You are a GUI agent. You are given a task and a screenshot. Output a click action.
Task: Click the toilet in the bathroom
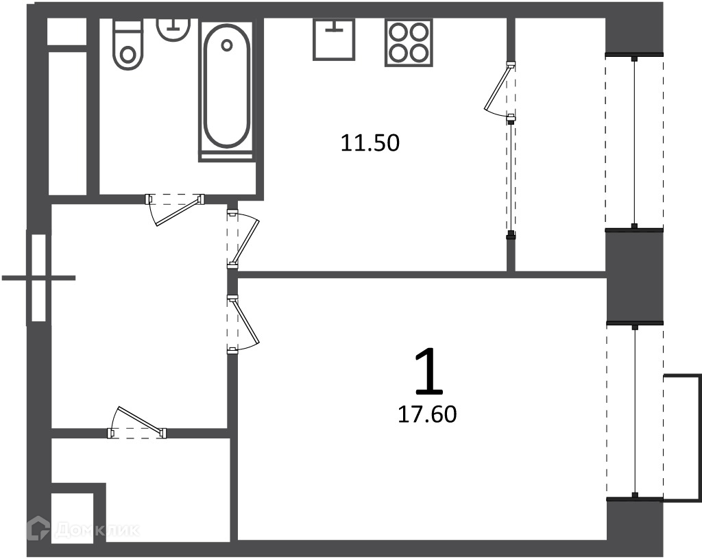pos(128,44)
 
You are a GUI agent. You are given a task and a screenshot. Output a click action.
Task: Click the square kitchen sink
pos(334,39)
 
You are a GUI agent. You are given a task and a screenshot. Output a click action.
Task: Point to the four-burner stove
pos(409,43)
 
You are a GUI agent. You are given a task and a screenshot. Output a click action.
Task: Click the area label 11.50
pos(370,143)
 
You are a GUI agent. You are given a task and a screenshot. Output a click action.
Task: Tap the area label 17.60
pos(427,414)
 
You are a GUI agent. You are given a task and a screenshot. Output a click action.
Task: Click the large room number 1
pos(429,373)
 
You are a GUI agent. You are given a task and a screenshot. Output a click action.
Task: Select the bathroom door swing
pos(175,208)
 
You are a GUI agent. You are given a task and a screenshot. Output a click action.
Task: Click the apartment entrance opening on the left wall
pos(39,277)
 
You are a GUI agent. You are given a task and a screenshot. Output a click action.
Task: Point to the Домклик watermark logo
pos(83,530)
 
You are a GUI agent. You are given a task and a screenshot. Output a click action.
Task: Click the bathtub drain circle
pos(227,45)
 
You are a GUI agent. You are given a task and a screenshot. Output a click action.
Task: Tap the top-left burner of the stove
pos(398,33)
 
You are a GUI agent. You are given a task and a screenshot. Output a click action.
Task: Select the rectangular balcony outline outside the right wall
pos(682,438)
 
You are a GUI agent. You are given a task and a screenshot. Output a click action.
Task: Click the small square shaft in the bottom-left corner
pos(72,519)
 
